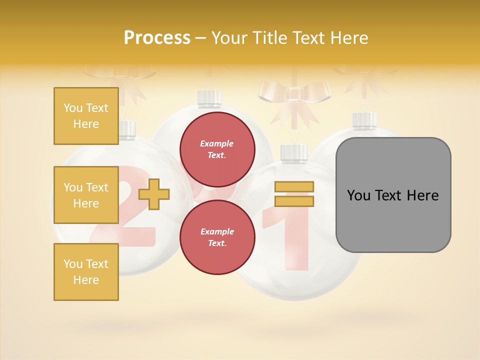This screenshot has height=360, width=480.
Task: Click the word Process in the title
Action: coord(157,38)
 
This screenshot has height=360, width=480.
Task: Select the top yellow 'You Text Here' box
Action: coord(86,116)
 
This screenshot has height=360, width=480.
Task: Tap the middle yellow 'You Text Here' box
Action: coord(86,195)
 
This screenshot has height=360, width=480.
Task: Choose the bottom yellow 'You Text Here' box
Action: coord(86,271)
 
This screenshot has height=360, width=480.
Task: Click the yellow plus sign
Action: coord(154,193)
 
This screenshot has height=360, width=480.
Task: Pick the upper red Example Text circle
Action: coord(217,149)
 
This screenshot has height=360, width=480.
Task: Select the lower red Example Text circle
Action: coord(217,237)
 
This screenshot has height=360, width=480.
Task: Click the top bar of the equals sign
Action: coord(294,187)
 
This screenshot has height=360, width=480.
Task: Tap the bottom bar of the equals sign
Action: coord(294,201)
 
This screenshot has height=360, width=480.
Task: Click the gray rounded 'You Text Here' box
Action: coord(393,195)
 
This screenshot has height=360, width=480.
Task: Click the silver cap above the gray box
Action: coord(364,120)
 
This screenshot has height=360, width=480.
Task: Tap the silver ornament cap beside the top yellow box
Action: coord(127,129)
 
